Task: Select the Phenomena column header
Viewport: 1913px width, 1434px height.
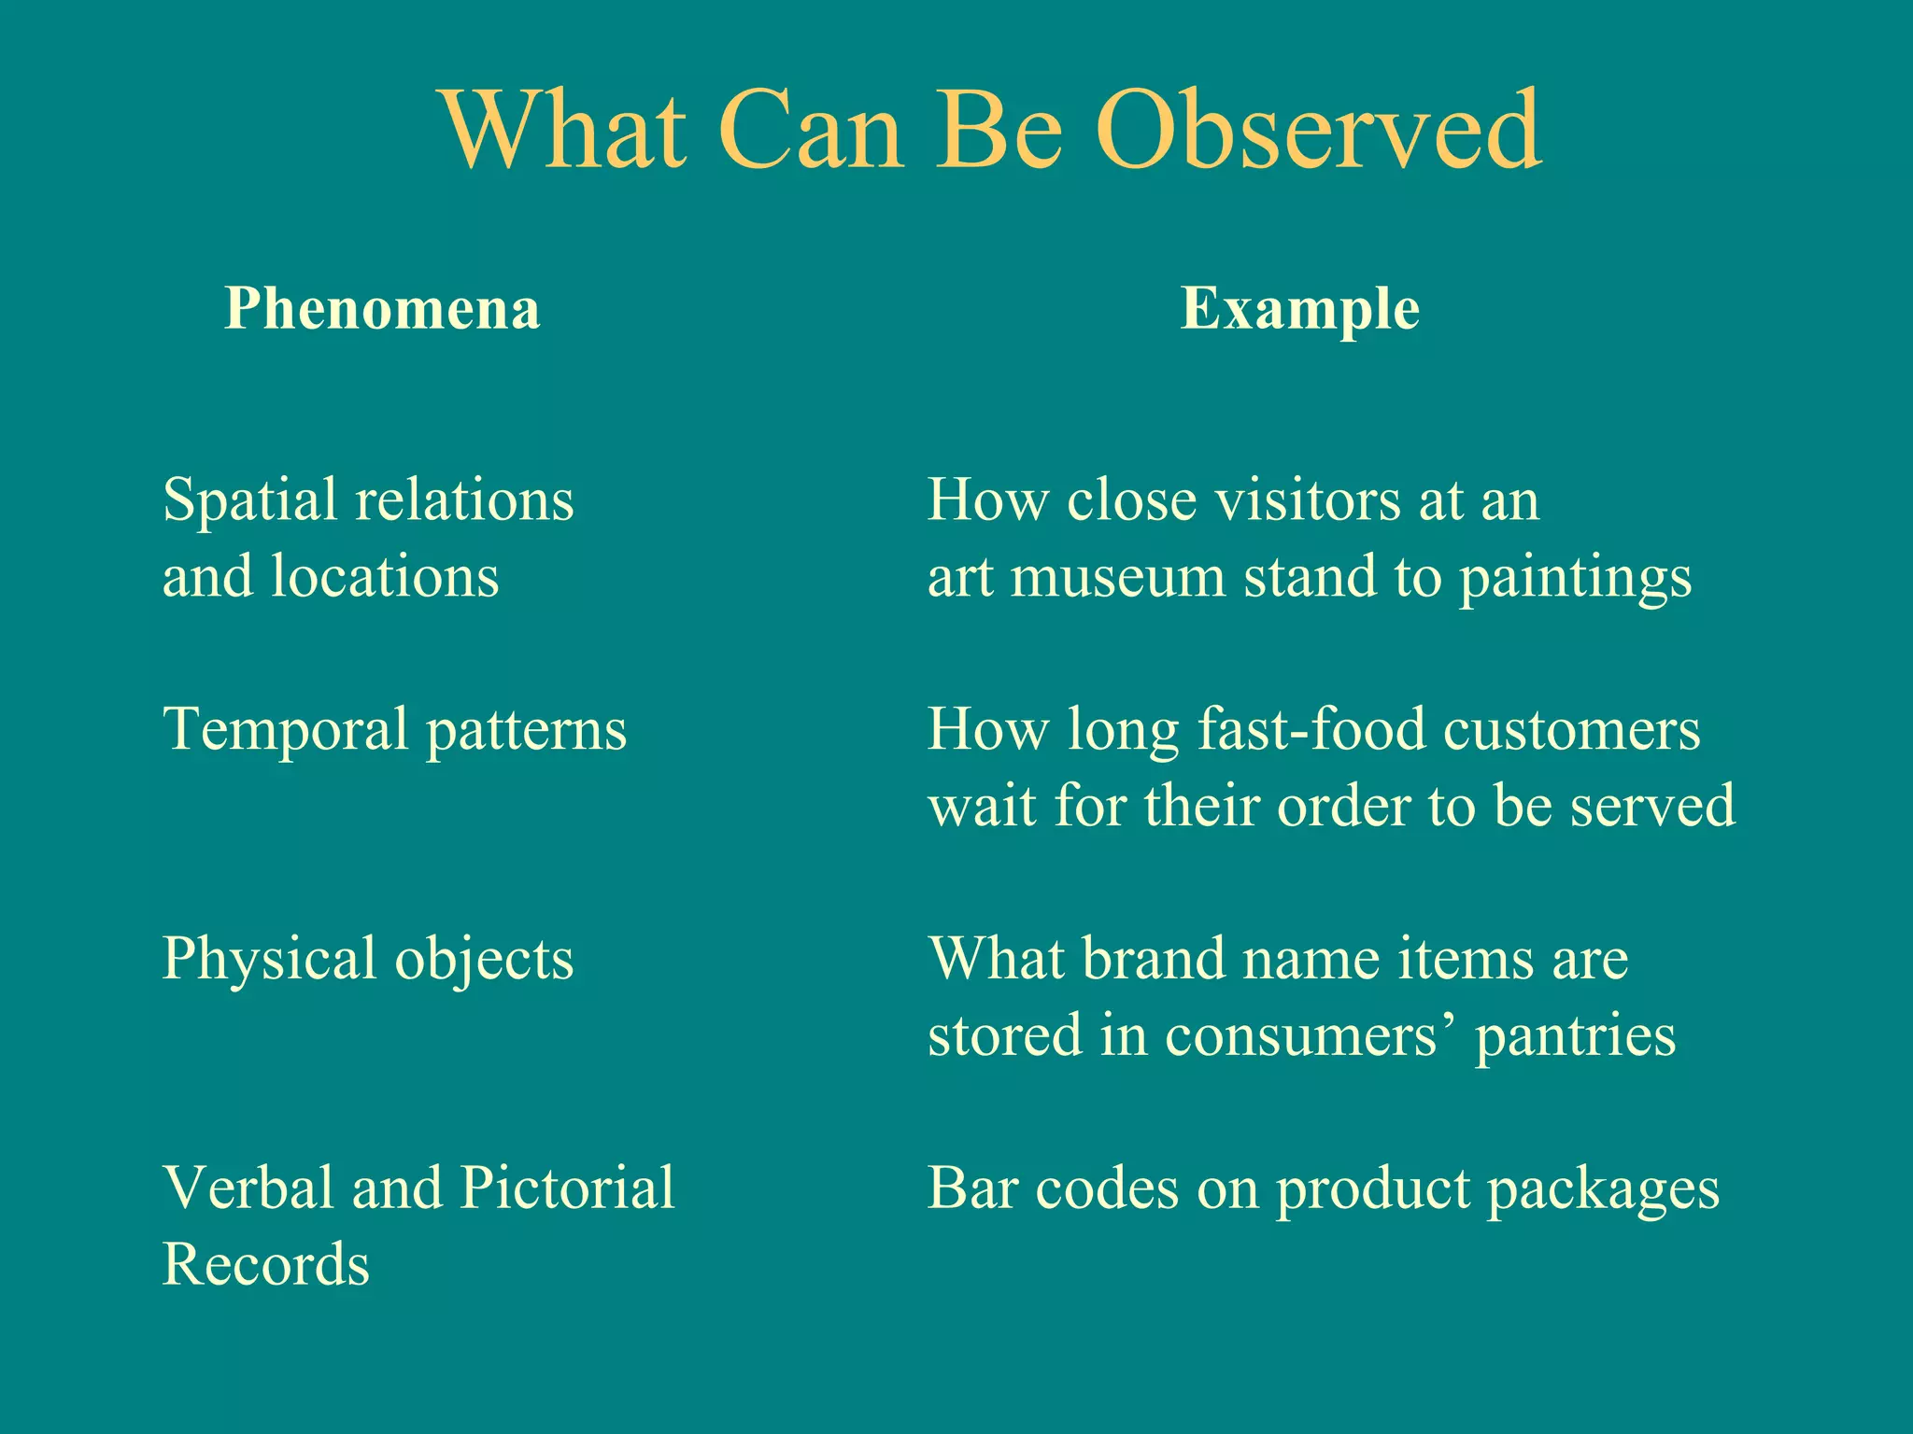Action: pos(382,309)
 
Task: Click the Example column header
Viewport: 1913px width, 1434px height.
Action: pos(1299,309)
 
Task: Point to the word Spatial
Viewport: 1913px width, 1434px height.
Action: pos(249,501)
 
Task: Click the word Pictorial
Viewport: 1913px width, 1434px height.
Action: pos(567,1188)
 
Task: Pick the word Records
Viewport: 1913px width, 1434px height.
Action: pos(266,1265)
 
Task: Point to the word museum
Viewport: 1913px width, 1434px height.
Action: pos(1117,577)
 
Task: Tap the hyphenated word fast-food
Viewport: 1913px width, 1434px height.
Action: pos(1311,730)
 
